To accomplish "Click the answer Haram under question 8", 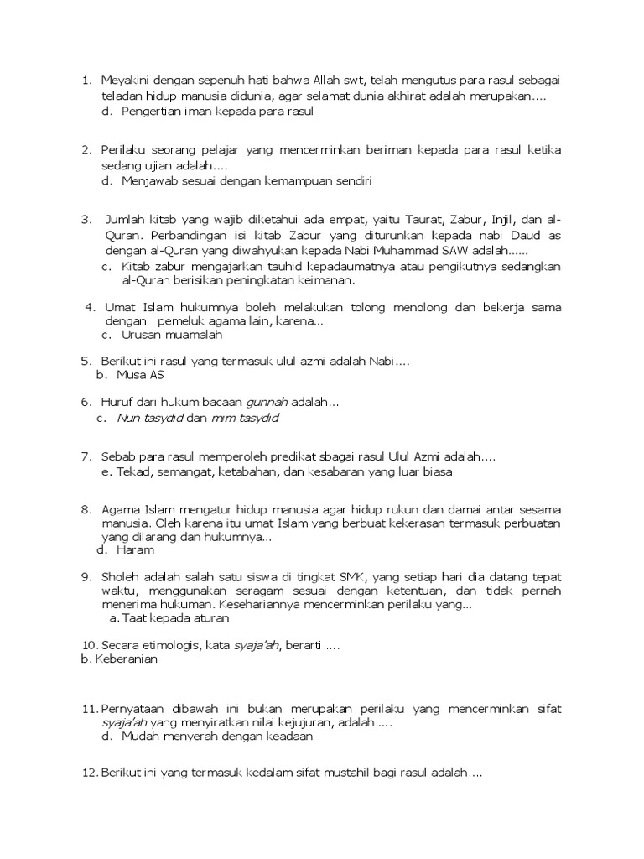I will [138, 550].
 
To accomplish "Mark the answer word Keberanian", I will [125, 659].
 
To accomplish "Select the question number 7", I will [86, 456].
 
